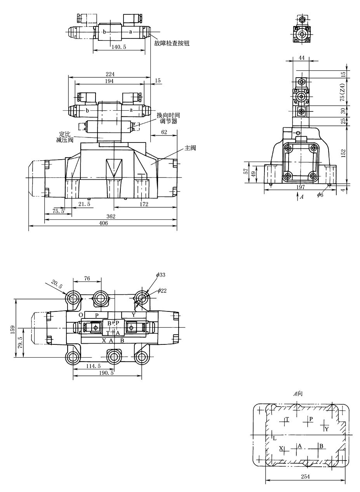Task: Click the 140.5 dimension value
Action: click(119, 47)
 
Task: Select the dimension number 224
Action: click(110, 74)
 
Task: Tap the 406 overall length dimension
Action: click(103, 223)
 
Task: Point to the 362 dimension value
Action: click(111, 217)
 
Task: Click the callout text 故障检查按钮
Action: click(172, 43)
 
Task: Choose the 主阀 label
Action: click(190, 148)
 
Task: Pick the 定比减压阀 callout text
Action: click(65, 137)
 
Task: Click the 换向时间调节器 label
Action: click(168, 118)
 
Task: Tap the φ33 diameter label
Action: click(161, 275)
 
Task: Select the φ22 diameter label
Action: click(162, 291)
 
